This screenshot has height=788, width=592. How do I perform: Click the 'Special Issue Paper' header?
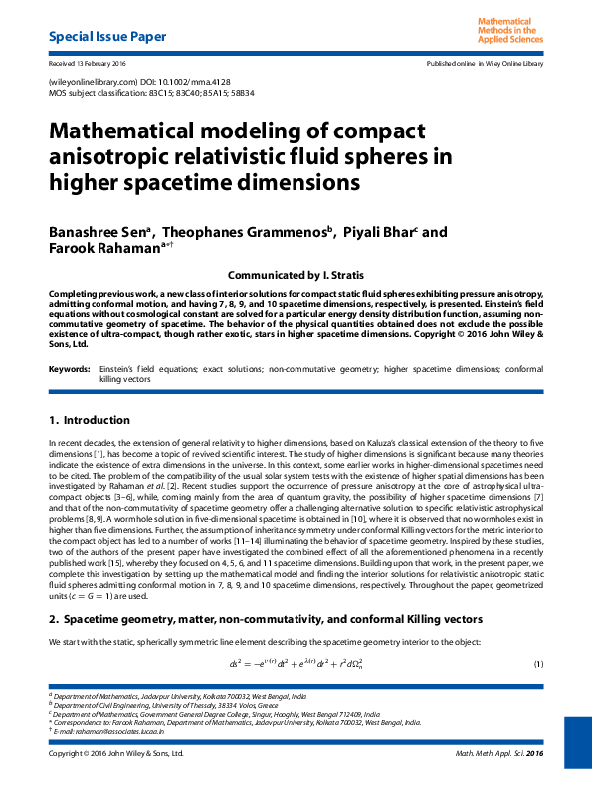107,38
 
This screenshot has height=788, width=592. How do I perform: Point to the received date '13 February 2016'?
102,63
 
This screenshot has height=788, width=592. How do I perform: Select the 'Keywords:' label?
69,369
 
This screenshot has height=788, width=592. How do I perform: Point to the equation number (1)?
538,664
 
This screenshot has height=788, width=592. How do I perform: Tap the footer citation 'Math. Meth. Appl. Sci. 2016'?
499,753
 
